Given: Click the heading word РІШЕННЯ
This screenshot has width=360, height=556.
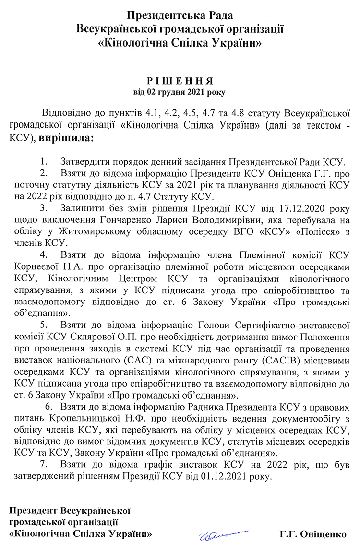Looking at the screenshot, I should (x=180, y=80).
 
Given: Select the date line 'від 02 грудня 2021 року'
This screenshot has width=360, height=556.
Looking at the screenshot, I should (x=180, y=90).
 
